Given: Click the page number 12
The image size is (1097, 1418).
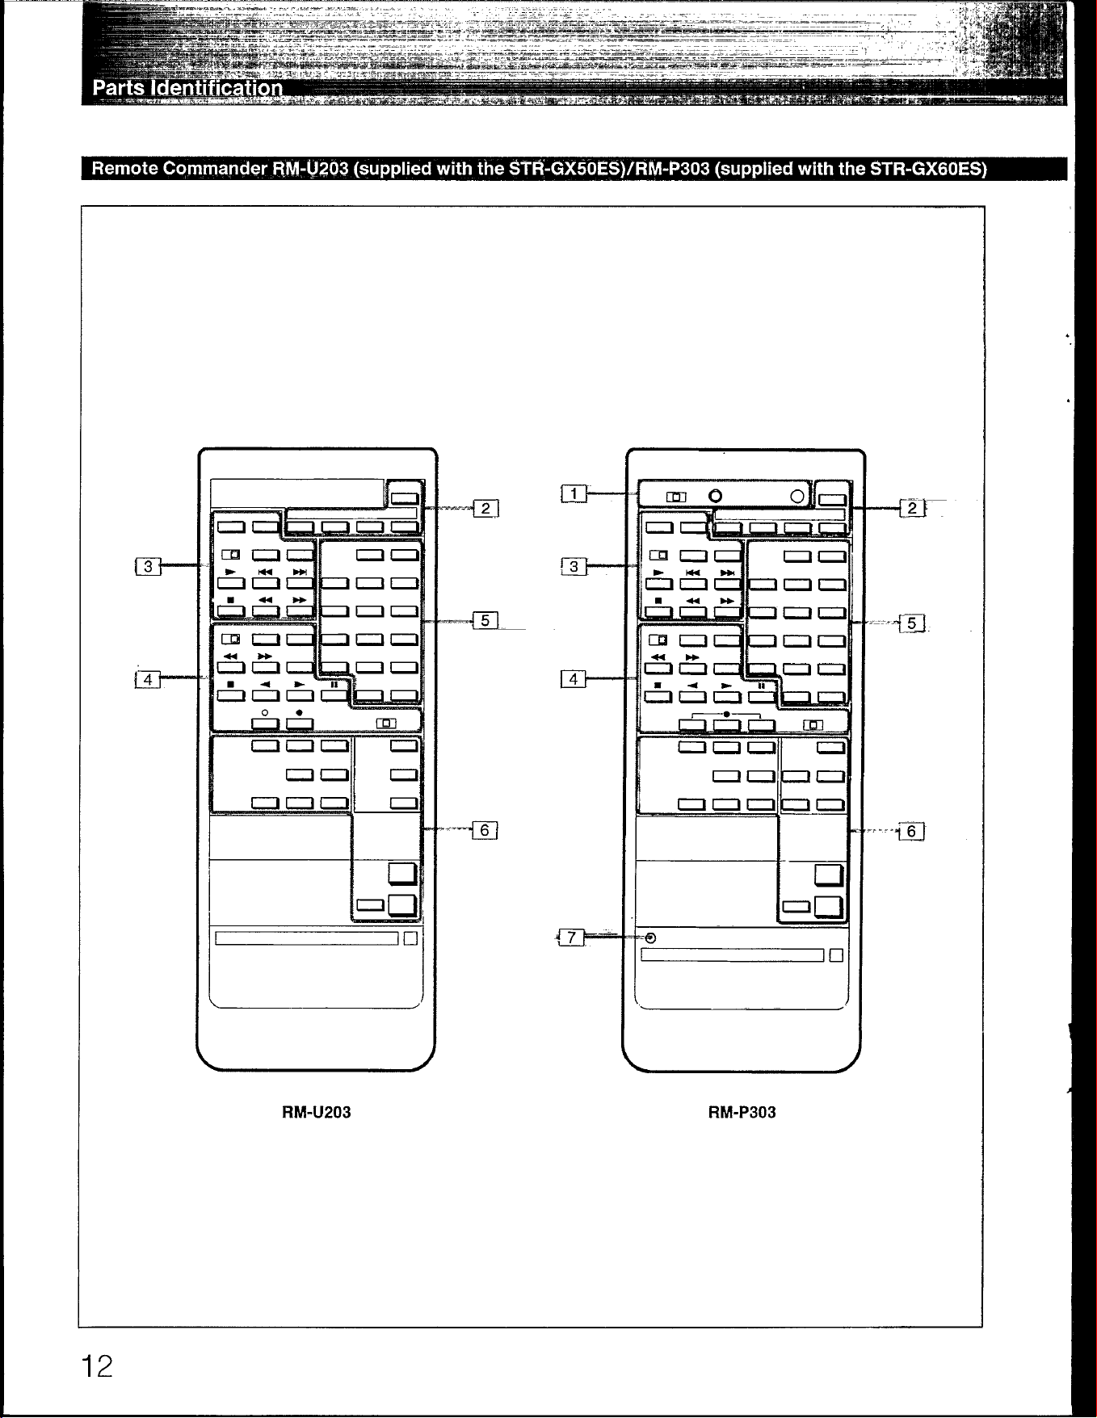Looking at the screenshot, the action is pos(96,1366).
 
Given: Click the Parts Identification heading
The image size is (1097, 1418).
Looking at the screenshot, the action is pos(188,87).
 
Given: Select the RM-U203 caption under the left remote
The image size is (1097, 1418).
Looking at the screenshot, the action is pos(316,1112).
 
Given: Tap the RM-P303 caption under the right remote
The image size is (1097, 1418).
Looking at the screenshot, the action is pos(742,1112).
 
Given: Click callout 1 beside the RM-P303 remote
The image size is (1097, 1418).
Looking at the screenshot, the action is pos(574,493).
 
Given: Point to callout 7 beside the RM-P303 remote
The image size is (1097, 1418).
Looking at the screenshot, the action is pos(571,937).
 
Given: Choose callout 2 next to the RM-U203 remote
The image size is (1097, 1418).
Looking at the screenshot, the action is pos(485,508).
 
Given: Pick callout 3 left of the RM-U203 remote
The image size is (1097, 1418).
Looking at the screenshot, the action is pos(148,566).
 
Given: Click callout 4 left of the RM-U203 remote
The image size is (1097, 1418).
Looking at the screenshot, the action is pos(147,679).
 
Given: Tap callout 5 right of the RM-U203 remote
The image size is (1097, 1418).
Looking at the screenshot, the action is pos(485,620).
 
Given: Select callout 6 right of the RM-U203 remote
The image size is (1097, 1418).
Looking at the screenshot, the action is pos(485,830).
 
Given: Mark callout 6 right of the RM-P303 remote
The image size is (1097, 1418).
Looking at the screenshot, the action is pos(911,832).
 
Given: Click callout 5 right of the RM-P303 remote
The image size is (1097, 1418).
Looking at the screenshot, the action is pos(912,623).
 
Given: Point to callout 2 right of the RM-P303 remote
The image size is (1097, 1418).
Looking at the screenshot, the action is pos(912,508).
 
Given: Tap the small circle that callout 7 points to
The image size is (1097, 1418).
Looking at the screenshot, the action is pos(651,938).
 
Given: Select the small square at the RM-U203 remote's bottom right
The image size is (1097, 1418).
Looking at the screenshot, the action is pos(410,938).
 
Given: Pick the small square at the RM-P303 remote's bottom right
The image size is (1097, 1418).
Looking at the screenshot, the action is pos(836,955).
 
